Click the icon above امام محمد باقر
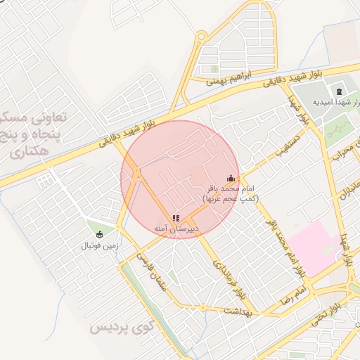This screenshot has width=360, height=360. tap(230, 179)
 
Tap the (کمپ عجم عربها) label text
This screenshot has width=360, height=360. tap(231, 199)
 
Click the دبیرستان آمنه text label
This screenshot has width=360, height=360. tap(176, 230)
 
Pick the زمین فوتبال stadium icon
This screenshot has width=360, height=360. tap(98, 234)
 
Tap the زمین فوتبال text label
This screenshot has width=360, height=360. tap(99, 246)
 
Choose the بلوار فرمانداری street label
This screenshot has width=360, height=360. tap(226, 275)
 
